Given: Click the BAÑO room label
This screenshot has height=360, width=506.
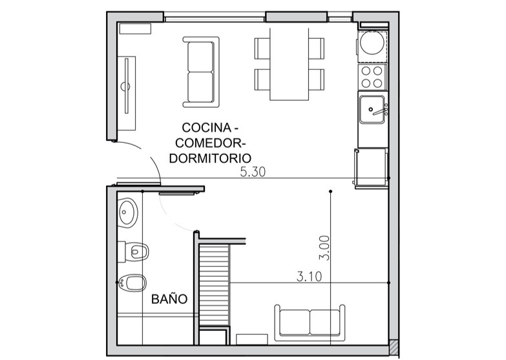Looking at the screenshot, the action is coord(169,299).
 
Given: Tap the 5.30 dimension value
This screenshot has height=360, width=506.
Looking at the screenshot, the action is coord(253,172).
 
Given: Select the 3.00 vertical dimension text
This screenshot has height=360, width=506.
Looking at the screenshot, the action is coord(324,248).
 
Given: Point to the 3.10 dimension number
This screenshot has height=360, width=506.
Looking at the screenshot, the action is coord(309,277).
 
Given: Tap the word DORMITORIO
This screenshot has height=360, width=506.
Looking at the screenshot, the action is coord(210,158).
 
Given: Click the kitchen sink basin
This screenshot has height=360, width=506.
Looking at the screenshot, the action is coord(372,109).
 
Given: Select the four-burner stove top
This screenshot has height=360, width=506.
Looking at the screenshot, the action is coord(372,76).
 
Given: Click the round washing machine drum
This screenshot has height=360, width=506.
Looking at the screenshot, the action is coord(372,42).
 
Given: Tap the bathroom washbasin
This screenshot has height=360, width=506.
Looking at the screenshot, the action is coord(128,213).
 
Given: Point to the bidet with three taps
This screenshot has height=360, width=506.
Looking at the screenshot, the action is coord(132,283).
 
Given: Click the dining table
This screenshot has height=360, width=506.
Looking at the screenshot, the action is coord(289,64).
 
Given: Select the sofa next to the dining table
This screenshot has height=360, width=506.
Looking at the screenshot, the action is coord(201,72).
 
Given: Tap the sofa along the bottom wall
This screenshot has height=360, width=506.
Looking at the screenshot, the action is coord(310,323).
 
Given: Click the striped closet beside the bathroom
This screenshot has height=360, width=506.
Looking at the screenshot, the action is coord(215,285).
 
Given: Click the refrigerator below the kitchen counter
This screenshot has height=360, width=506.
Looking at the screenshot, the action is coord(371,167).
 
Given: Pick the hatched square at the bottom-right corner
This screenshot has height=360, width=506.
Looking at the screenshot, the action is coord(394,347).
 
